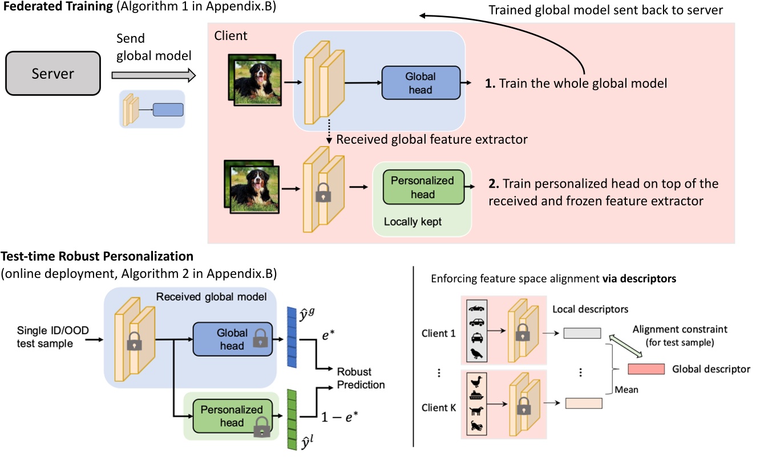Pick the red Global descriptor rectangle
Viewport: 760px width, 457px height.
pos(645,369)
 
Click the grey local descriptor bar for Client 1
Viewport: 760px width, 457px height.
pos(582,333)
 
